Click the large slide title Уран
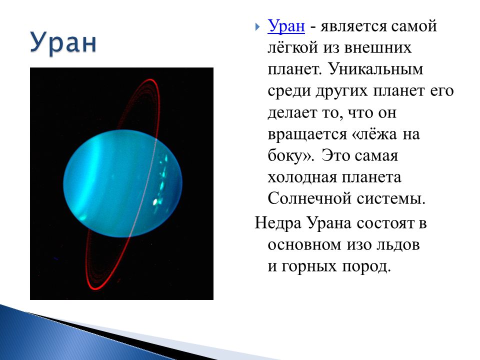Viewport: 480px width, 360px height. click(63, 43)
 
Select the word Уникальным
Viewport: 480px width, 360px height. click(376, 69)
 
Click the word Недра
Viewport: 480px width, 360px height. click(278, 223)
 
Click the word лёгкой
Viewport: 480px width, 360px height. click(293, 48)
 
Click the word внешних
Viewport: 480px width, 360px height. click(377, 48)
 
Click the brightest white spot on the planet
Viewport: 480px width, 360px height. click(155, 201)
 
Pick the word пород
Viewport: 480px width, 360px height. click(366, 266)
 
